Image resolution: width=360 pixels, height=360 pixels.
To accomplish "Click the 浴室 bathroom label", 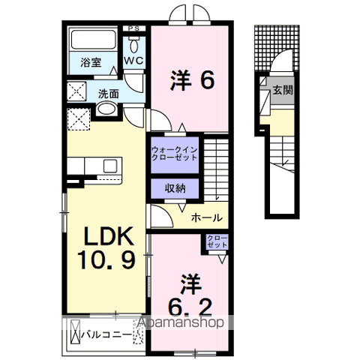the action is tap(91, 62).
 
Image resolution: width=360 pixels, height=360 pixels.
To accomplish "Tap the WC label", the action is tap(134, 61).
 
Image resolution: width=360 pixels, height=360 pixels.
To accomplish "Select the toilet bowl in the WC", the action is tap(134, 44).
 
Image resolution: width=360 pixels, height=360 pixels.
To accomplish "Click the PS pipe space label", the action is tap(134, 28).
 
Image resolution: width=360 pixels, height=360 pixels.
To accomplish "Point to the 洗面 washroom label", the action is tap(108, 94).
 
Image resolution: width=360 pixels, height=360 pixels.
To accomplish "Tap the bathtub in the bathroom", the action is tap(94, 40).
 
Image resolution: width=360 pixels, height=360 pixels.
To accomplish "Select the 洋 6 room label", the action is tap(192, 80).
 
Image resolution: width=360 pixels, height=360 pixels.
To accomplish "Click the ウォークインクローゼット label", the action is tap(175, 154).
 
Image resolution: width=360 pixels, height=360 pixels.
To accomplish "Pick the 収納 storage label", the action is tap(175, 188).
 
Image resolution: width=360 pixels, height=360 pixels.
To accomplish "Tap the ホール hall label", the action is tap(206, 218).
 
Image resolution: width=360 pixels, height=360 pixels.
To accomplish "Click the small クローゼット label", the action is tap(217, 241).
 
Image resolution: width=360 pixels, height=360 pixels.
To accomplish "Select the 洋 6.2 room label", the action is tap(190, 295).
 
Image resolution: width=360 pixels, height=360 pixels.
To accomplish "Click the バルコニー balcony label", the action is tap(106, 334).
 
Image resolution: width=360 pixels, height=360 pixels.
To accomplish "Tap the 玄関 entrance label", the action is tap(283, 90).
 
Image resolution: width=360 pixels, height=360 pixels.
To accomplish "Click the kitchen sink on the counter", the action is tap(110, 166).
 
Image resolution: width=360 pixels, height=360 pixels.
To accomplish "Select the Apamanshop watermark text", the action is tap(181, 322).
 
